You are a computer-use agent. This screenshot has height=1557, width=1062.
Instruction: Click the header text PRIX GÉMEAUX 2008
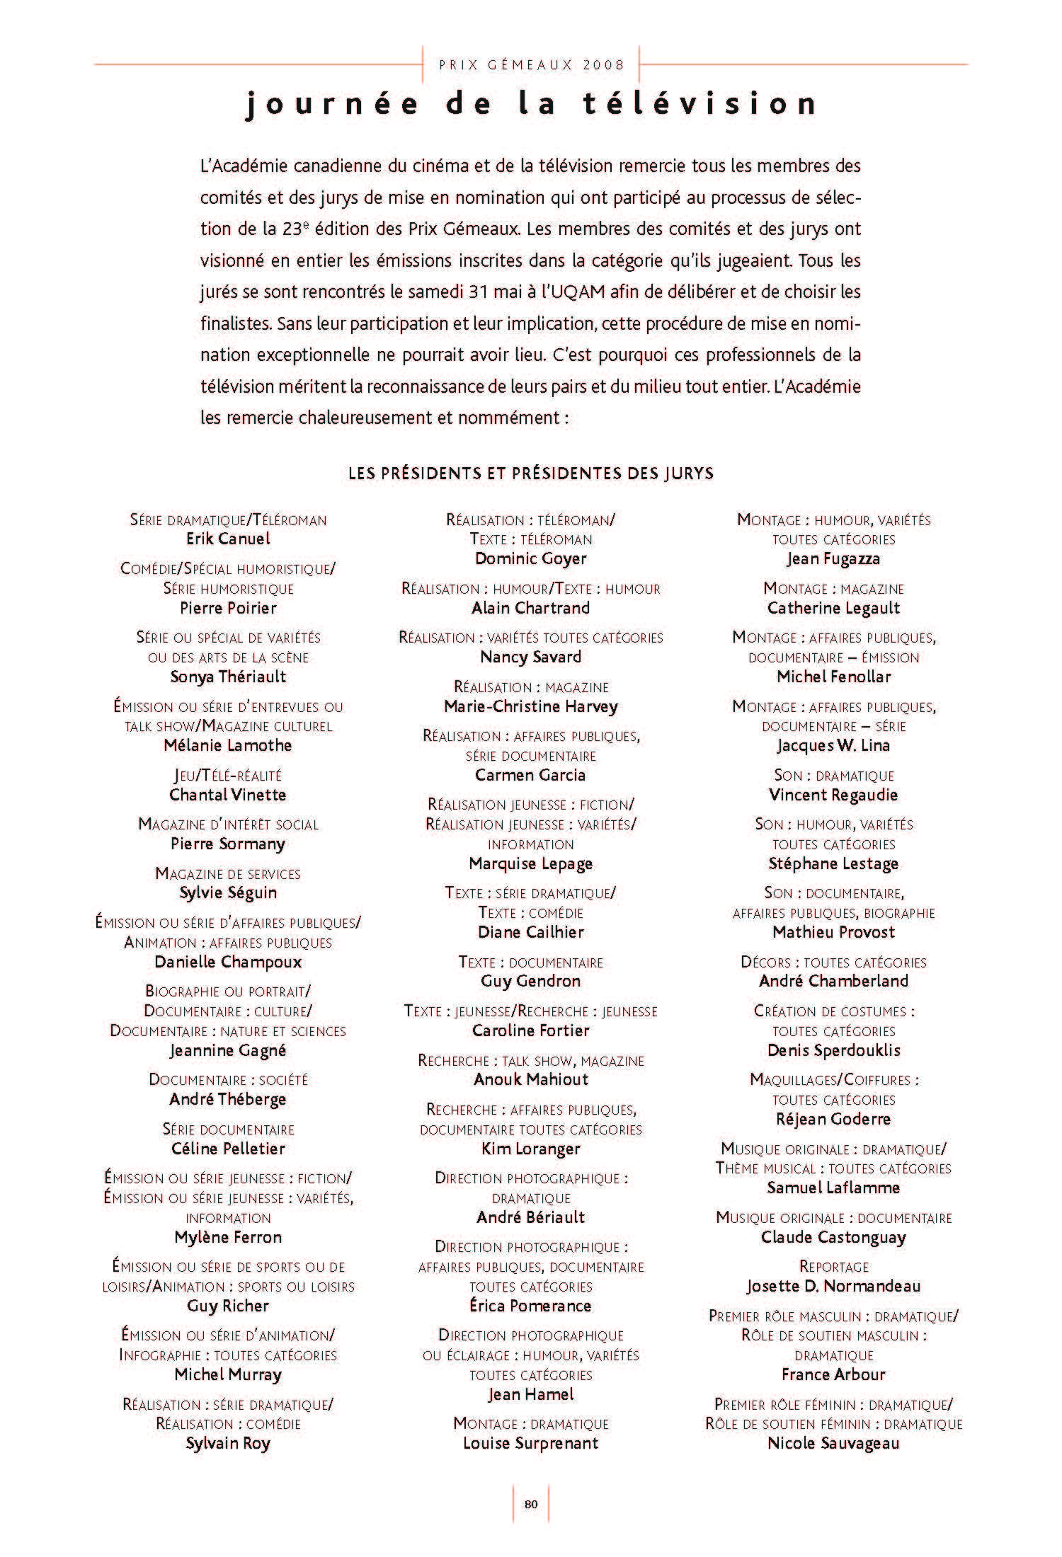click(x=532, y=65)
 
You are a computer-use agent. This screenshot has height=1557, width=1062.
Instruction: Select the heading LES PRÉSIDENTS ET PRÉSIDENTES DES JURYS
click(x=531, y=473)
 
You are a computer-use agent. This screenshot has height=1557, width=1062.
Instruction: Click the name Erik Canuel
click(x=228, y=539)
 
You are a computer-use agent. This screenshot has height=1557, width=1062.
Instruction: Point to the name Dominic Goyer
click(x=531, y=558)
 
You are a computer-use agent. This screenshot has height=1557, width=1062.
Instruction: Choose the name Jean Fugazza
click(x=833, y=558)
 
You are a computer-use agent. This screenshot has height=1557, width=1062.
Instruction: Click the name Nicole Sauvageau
click(x=833, y=1443)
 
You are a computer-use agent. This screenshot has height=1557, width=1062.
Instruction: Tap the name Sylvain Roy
click(x=228, y=1443)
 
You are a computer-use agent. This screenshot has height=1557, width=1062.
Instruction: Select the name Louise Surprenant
click(x=531, y=1443)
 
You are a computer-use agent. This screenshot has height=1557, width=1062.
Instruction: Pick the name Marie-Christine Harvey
click(x=531, y=706)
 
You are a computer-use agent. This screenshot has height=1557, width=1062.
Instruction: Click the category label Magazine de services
click(x=228, y=874)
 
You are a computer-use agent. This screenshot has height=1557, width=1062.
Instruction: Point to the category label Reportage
click(x=833, y=1266)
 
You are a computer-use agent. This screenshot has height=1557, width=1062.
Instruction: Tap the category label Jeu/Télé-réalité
click(x=228, y=776)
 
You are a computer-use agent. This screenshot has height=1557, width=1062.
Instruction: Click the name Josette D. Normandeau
click(x=833, y=1286)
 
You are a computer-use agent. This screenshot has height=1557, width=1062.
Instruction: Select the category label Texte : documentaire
click(x=531, y=963)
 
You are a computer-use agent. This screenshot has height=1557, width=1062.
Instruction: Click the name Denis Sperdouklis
click(x=833, y=1050)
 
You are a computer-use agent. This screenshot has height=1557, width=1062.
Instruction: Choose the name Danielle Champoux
click(x=228, y=962)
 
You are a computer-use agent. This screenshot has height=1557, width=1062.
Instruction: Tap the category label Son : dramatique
click(x=833, y=776)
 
